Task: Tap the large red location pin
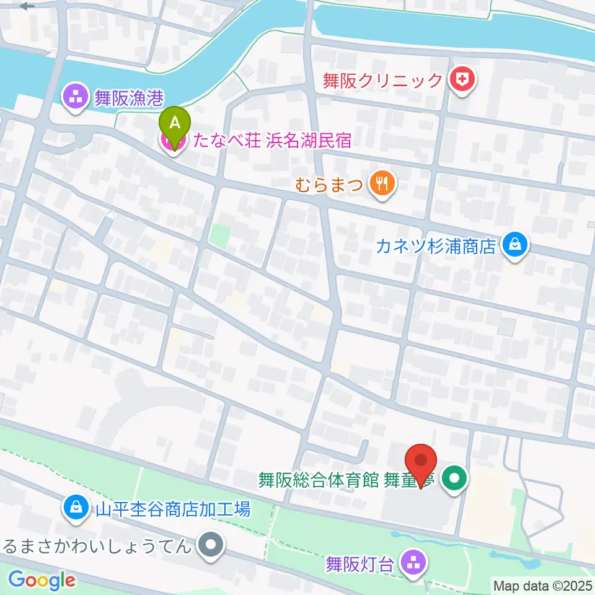[x=421, y=462]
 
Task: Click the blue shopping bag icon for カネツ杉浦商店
[x=515, y=245]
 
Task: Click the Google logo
[x=42, y=581]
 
